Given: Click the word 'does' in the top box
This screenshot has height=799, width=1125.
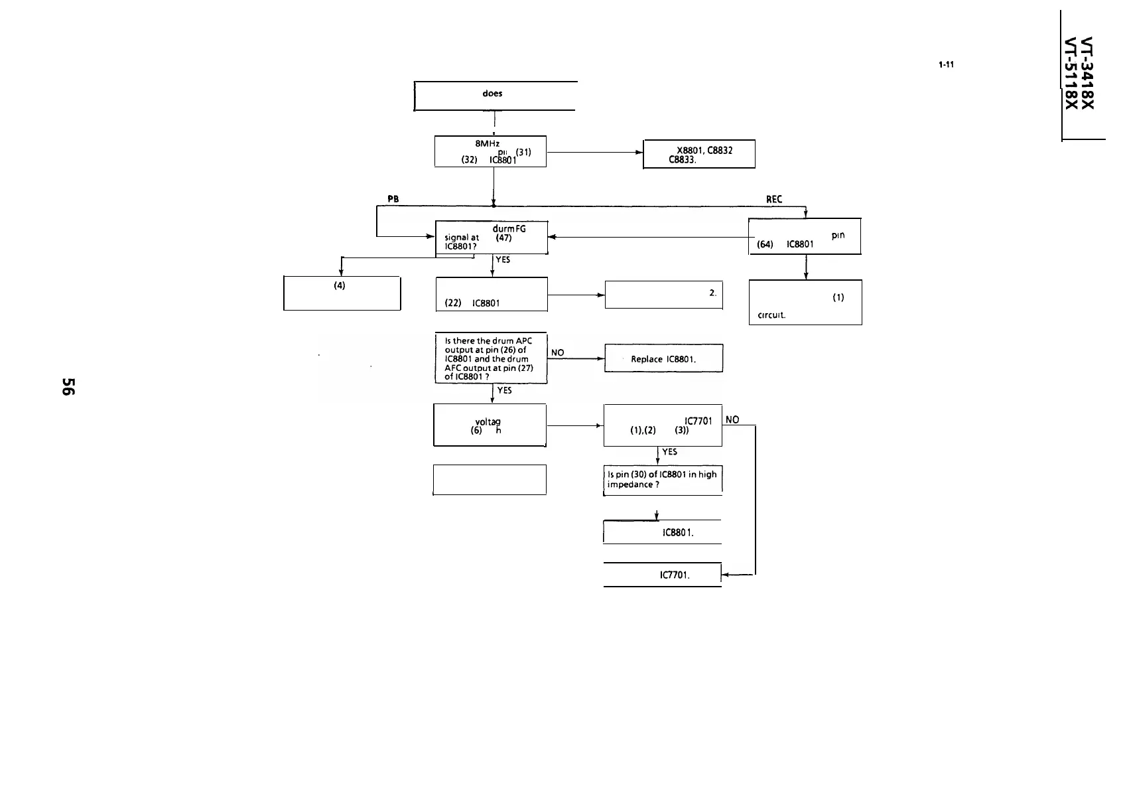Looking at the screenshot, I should click(492, 94).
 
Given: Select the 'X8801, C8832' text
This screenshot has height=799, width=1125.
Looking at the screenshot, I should click(704, 150).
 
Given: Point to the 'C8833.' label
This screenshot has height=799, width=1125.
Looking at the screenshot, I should click(682, 159).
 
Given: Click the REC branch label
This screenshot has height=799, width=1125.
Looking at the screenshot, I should click(774, 199).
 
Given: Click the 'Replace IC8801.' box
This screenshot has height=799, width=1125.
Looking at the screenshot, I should click(663, 358).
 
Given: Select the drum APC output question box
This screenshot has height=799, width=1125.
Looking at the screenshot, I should click(490, 358).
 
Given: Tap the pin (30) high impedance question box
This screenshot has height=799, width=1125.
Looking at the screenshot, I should click(663, 479).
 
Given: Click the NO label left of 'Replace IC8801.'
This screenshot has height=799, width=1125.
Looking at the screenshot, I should click(558, 353).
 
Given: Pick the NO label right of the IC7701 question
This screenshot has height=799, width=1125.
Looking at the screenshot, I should click(732, 419).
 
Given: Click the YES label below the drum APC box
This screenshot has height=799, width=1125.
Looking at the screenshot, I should click(504, 391).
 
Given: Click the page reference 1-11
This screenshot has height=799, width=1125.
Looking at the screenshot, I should click(946, 65).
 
